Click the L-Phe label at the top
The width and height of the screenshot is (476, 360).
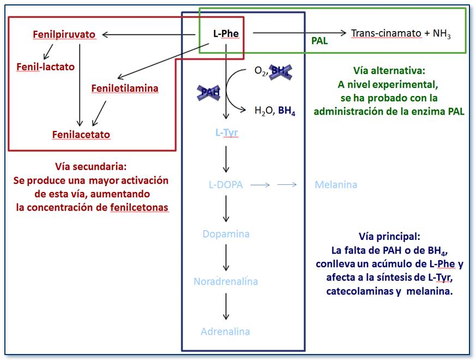point(226,34)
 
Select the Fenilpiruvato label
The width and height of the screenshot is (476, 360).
point(64,34)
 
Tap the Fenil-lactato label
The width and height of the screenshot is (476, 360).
point(45,67)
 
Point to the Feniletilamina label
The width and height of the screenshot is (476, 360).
point(125,88)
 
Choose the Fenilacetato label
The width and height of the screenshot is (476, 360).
point(81,134)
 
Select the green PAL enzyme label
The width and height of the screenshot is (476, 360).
point(320,40)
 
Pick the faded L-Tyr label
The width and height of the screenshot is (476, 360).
point(226,133)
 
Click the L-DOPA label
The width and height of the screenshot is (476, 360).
point(226,184)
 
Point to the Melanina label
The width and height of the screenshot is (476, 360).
point(336,184)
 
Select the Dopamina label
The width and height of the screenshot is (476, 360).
point(226,234)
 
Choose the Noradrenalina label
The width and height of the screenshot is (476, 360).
point(226,282)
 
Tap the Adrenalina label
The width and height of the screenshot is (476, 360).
point(226,331)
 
